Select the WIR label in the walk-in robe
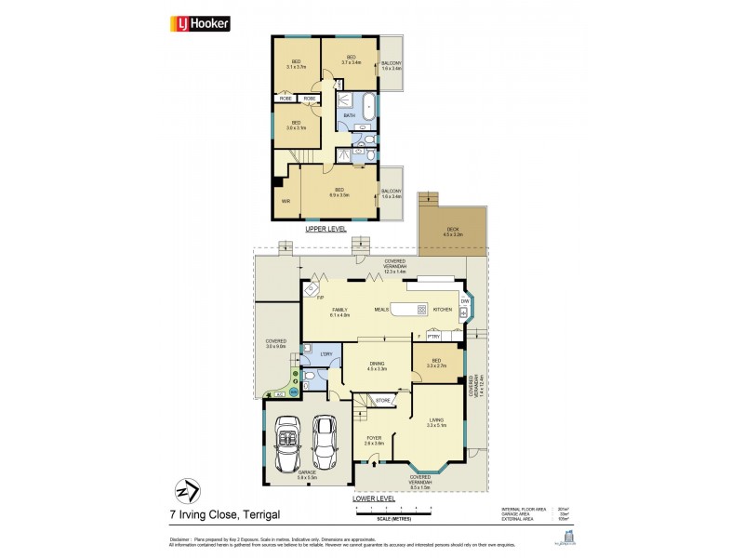(x=286, y=199)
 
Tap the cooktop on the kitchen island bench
(x=420, y=310)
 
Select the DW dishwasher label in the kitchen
(x=464, y=300)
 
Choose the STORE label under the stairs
(x=382, y=401)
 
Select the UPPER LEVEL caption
(x=326, y=228)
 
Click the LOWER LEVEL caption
(x=375, y=498)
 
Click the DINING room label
(x=377, y=365)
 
